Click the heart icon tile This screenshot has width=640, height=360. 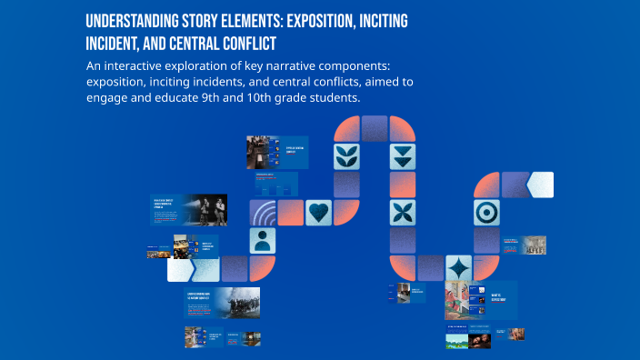[x=318, y=213]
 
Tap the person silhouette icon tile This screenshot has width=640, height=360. [x=264, y=240]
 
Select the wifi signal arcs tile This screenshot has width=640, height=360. [x=264, y=213]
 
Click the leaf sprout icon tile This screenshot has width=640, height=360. [x=346, y=155]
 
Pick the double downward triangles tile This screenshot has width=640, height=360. [x=402, y=155]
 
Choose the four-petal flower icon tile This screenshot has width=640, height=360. [x=402, y=213]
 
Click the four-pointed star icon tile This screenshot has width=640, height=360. [x=458, y=268]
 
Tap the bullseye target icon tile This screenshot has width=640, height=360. [x=486, y=213]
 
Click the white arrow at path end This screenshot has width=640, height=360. [x=540, y=185]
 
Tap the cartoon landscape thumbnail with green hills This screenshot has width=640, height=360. [x=456, y=341]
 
